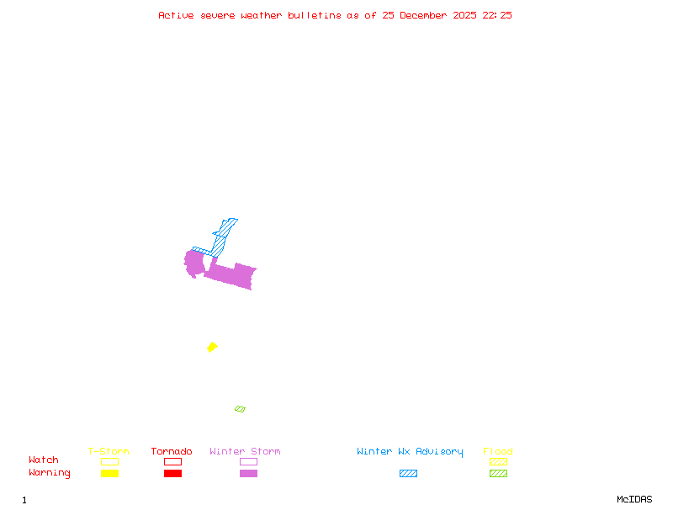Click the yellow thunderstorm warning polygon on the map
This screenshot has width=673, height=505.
point(212,347)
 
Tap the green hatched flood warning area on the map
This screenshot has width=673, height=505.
point(240,409)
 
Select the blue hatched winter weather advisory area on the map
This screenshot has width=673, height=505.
point(220,240)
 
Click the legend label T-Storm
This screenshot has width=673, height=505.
point(109,452)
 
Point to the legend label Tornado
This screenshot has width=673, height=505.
point(172,452)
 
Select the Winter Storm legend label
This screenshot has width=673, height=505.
point(245,452)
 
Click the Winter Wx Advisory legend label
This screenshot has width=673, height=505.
point(410,452)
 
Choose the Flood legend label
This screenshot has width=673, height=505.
point(498,452)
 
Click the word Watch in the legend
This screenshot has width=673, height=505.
point(44,460)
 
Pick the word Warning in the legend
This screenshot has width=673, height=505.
point(50,473)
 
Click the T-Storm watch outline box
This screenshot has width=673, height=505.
point(109,461)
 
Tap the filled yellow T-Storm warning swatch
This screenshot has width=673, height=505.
point(109,474)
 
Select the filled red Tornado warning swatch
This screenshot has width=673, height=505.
point(172,474)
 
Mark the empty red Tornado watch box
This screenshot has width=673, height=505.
point(172,461)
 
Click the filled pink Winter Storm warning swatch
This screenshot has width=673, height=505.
point(248,474)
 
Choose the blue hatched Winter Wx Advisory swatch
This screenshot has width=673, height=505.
point(408,474)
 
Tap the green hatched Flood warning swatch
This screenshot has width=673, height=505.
point(498,474)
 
